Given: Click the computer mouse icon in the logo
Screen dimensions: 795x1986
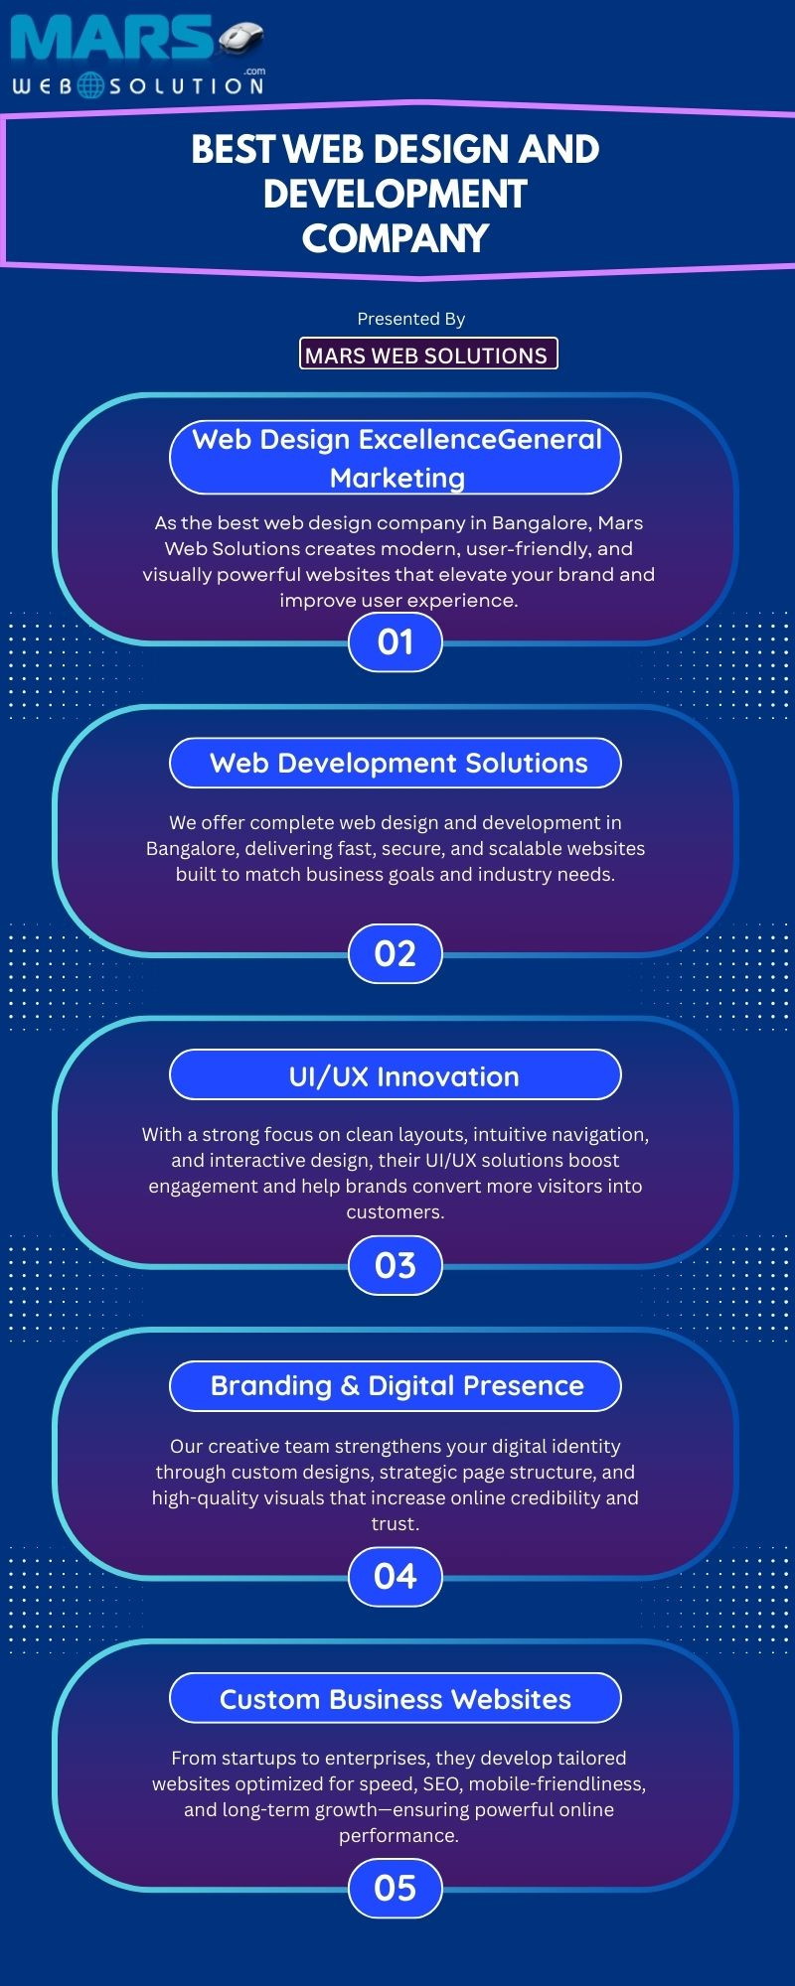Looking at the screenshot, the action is point(240,38).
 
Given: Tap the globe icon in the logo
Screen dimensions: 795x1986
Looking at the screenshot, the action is point(90,85).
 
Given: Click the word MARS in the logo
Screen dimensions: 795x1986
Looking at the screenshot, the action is point(111,40).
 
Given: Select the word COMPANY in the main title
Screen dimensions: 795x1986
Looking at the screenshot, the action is point(396,238).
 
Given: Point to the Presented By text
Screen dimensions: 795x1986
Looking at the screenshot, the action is point(411,319).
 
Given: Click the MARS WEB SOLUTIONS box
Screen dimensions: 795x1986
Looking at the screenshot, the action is point(428,354).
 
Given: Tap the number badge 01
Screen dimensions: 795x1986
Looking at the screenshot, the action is point(396,642).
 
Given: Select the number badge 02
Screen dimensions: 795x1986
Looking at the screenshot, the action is point(396,954).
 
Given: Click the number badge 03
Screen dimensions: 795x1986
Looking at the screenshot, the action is point(396,1266).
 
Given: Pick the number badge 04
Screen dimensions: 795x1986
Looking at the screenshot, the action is point(396,1577).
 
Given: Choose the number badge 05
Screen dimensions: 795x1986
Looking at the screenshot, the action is point(396,1889).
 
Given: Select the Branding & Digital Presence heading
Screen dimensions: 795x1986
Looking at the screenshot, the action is point(396,1386).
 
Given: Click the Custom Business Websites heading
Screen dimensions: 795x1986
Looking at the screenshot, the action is point(396,1699).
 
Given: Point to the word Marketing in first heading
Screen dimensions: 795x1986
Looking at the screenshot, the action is point(397,479).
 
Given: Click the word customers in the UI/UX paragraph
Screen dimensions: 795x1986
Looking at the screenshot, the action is point(394,1212).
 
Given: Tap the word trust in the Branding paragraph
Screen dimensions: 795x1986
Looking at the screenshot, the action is point(394,1524).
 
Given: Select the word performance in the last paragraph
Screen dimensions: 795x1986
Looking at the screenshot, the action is point(397,1836).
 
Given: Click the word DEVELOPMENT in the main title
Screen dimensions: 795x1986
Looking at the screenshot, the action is point(396,194).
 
